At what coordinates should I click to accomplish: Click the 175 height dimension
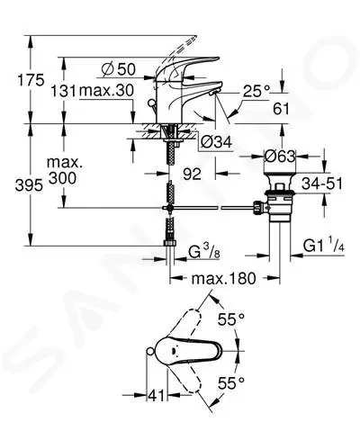click(x=31, y=80)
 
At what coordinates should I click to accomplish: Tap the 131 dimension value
click(x=63, y=91)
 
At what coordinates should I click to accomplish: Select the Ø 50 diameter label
click(x=119, y=69)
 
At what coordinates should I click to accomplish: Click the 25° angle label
click(x=256, y=91)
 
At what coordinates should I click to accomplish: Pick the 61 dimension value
click(x=281, y=109)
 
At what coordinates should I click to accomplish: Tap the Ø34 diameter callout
click(x=216, y=141)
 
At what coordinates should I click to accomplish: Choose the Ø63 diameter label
click(x=280, y=156)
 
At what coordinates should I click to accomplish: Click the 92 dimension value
click(x=192, y=174)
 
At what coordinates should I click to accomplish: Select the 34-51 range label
click(x=321, y=184)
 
